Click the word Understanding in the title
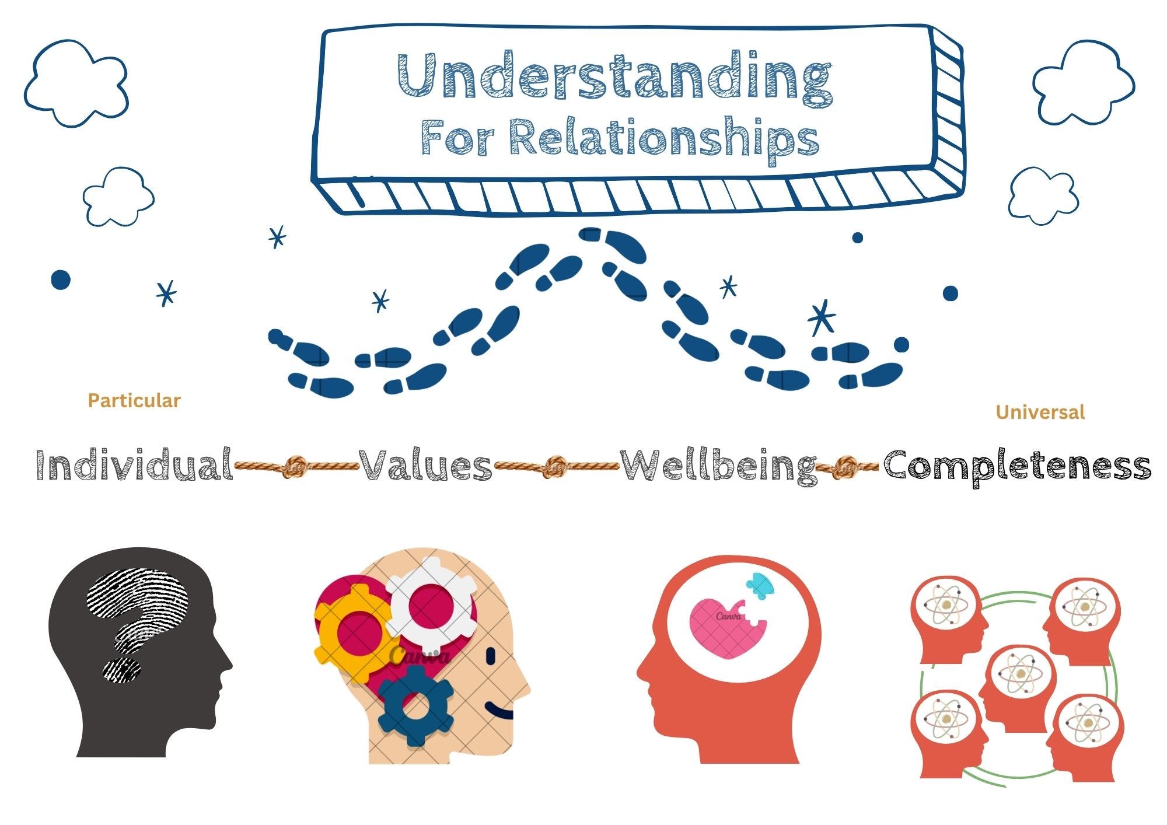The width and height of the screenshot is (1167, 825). [615, 76]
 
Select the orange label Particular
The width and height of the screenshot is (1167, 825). [134, 401]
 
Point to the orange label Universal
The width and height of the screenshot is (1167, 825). [1040, 412]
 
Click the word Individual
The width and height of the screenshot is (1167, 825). [134, 466]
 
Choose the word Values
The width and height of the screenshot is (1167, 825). [425, 466]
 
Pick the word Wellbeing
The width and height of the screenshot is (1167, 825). [718, 466]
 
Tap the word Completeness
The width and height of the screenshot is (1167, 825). [1017, 466]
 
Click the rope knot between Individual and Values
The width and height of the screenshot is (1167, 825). [295, 466]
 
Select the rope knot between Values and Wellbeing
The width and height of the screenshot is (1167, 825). [555, 466]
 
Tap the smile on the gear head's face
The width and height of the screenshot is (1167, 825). [499, 712]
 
